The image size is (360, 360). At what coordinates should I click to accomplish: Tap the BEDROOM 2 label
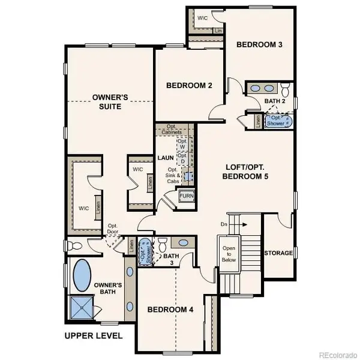189,86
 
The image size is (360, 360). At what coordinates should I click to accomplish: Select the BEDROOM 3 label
259,44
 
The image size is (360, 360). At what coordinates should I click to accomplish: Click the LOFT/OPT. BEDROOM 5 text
245,172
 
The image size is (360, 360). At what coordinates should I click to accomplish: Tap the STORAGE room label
279,253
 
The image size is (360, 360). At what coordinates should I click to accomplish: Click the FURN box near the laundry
186,197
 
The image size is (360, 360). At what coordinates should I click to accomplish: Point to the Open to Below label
229,253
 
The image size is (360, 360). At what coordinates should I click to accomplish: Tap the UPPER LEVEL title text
94,335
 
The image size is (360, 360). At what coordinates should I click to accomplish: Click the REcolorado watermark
337,353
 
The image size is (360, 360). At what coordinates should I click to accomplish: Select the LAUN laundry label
166,158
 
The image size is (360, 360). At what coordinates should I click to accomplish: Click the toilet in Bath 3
162,244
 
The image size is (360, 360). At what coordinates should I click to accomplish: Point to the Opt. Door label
112,229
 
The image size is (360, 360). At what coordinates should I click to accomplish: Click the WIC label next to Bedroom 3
202,19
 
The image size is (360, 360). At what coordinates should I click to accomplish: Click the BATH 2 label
275,101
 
